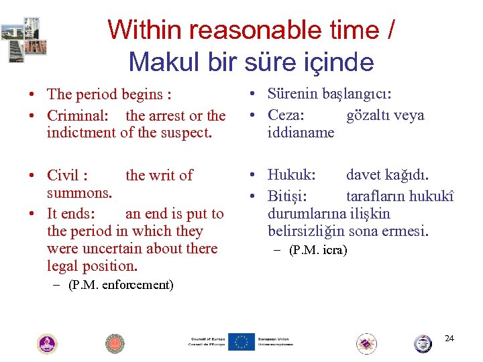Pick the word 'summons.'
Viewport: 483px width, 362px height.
pos(79,192)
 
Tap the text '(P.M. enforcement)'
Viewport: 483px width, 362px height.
pos(121,285)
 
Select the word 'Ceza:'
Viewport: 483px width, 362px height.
pos(286,115)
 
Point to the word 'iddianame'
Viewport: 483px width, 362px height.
pos(301,132)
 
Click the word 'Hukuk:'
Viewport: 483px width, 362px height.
pos(291,175)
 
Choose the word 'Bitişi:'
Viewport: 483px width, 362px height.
pos(288,196)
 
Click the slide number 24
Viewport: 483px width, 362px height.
pos(449,338)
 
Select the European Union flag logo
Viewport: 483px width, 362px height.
pos(241,342)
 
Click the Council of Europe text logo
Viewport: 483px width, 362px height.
pos(207,342)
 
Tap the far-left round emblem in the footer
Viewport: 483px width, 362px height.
pos(47,343)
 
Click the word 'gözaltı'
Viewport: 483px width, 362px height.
pos(368,115)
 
